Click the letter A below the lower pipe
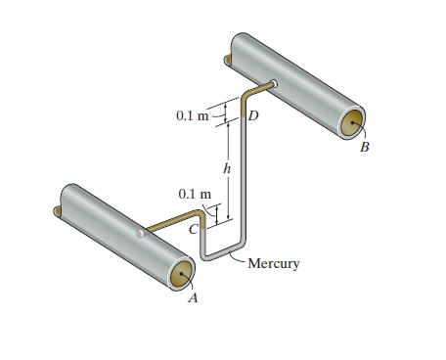[x=194, y=297]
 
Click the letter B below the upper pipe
[x=365, y=148]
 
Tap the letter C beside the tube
[x=194, y=230]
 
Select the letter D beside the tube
[x=253, y=115]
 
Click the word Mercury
[x=274, y=263]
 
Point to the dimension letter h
[x=227, y=168]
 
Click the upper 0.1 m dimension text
[x=192, y=115]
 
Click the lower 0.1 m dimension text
[x=195, y=194]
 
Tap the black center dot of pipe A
[x=182, y=274]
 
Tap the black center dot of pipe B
[x=352, y=123]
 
